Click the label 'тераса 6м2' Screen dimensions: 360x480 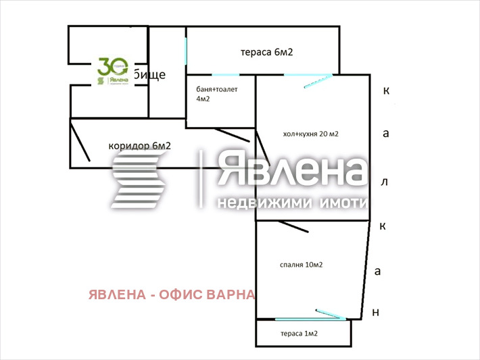pyautogui.click(x=266, y=52)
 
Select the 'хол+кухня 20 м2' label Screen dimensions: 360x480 pyautogui.click(x=310, y=134)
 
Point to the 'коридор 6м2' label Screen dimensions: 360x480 pyautogui.click(x=139, y=145)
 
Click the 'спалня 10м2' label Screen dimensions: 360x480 pyautogui.click(x=300, y=264)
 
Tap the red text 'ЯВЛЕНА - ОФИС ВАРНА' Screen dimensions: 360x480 pyautogui.click(x=172, y=294)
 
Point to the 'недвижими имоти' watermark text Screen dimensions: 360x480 pyautogui.click(x=291, y=203)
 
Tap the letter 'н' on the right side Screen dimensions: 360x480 pyautogui.click(x=377, y=312)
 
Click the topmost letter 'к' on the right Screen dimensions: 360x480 pyautogui.click(x=386, y=91)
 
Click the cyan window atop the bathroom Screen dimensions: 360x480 pyautogui.click(x=225, y=74)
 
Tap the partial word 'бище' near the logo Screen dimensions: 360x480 pyautogui.click(x=149, y=74)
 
